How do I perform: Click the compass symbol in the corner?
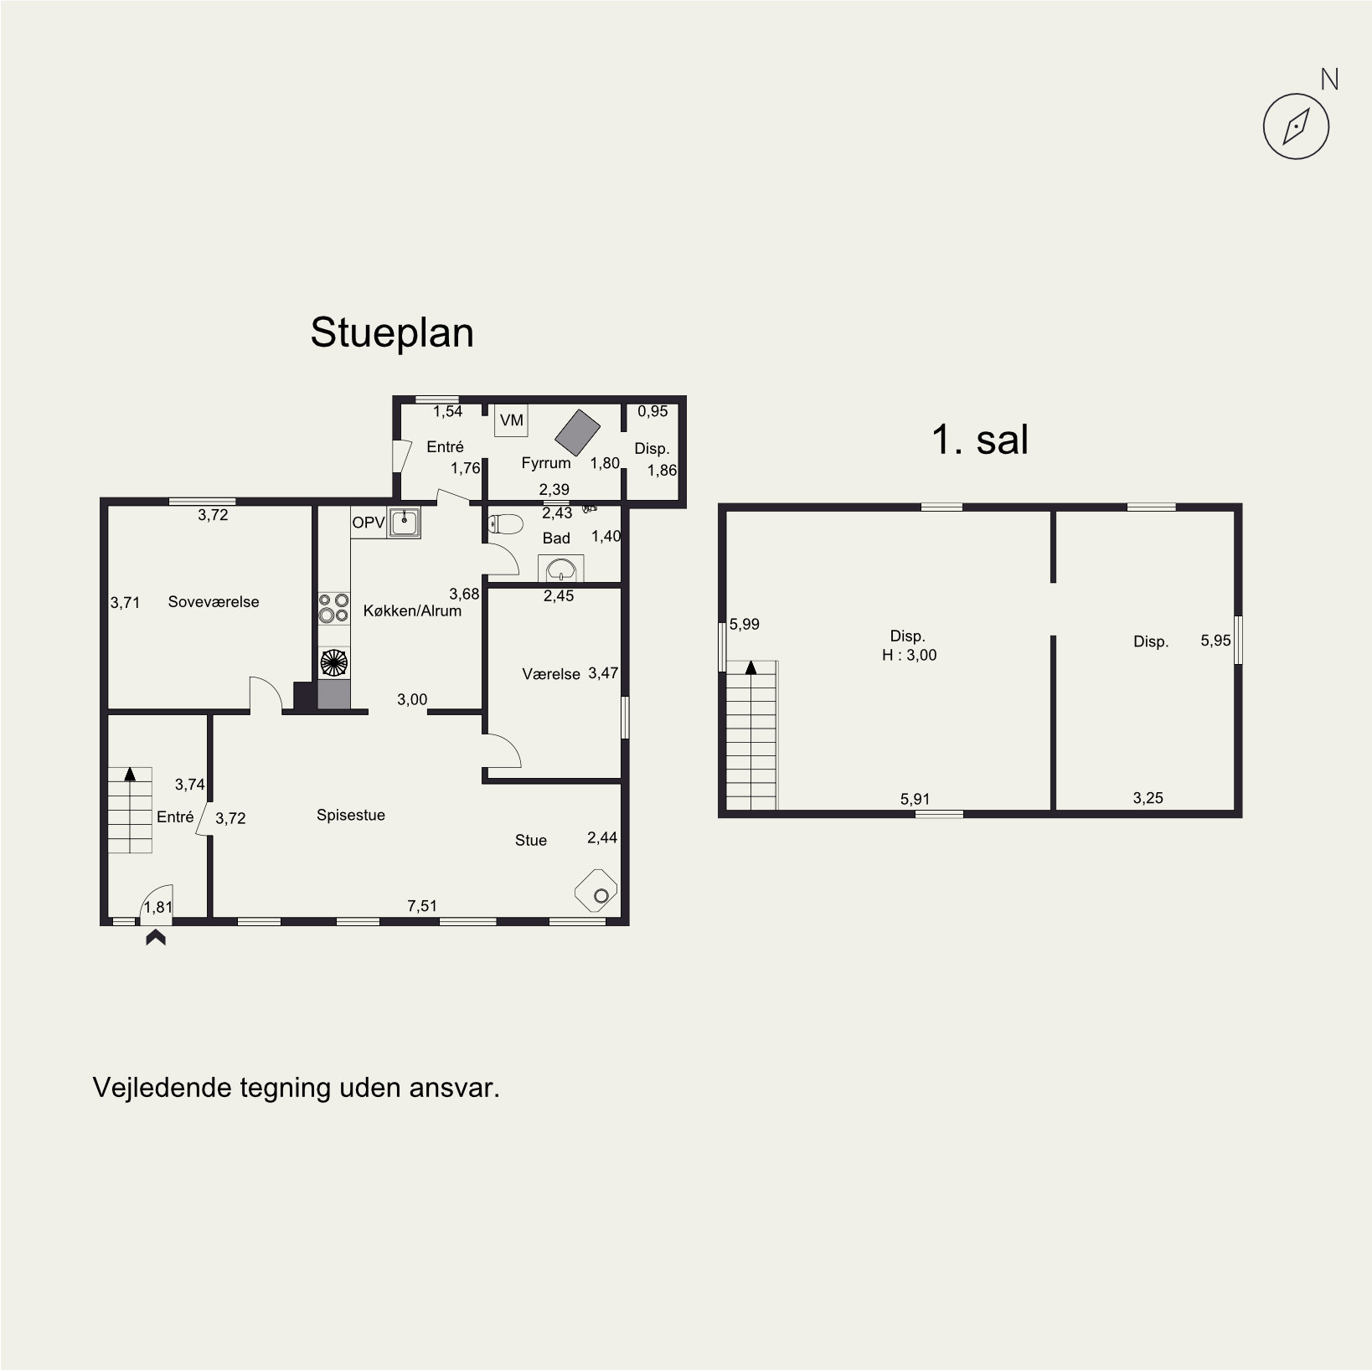(1296, 126)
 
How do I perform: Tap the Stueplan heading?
(392, 332)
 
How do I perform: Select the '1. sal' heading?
(980, 440)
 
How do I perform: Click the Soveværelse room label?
(214, 602)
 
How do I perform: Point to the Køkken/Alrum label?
(412, 610)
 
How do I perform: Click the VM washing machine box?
(511, 420)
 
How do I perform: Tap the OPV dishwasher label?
(369, 523)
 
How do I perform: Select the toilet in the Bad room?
(505, 524)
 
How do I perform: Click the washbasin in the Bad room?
(560, 569)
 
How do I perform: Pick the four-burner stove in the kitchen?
(334, 607)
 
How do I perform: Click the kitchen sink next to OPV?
(405, 523)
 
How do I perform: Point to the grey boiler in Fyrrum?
(578, 431)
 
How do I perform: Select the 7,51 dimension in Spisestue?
(422, 905)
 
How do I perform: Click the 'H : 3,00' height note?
(909, 655)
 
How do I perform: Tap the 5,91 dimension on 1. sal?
(916, 799)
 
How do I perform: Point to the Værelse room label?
(551, 674)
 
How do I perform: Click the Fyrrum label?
(546, 463)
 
